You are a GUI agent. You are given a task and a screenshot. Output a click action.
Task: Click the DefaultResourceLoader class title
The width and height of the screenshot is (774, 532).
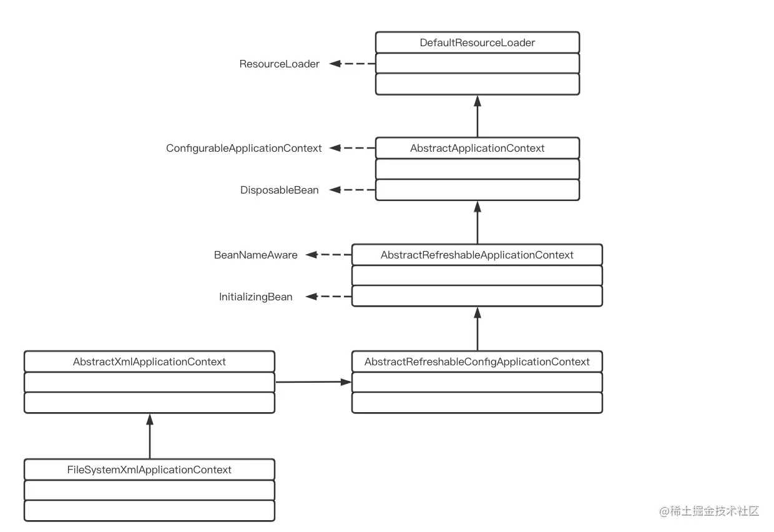pyautogui.click(x=478, y=42)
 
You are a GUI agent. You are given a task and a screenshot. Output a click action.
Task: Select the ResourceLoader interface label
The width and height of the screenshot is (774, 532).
pyautogui.click(x=279, y=64)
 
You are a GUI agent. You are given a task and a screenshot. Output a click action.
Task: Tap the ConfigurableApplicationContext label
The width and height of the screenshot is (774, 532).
pyautogui.click(x=243, y=148)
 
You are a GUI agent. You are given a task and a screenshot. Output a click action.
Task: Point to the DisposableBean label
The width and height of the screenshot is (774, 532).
pyautogui.click(x=279, y=190)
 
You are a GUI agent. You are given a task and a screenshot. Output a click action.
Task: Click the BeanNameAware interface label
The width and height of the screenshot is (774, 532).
pyautogui.click(x=255, y=255)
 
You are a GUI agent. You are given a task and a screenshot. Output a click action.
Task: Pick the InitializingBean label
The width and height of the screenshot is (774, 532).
pyautogui.click(x=255, y=297)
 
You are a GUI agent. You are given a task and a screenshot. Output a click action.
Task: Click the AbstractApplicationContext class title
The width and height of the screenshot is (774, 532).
pyautogui.click(x=478, y=148)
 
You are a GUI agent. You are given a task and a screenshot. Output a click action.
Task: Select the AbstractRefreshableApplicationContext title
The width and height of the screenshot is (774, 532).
pyautogui.click(x=477, y=255)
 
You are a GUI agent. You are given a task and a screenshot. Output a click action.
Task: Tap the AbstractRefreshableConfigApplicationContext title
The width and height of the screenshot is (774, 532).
pyautogui.click(x=477, y=362)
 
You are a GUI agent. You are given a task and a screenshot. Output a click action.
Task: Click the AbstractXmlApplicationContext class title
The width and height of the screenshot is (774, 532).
pyautogui.click(x=149, y=362)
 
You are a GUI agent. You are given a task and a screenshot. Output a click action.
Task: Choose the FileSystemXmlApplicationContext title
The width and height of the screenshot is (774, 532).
pyautogui.click(x=149, y=470)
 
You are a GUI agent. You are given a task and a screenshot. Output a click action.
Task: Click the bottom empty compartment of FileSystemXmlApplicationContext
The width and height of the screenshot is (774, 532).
pyautogui.click(x=149, y=510)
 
